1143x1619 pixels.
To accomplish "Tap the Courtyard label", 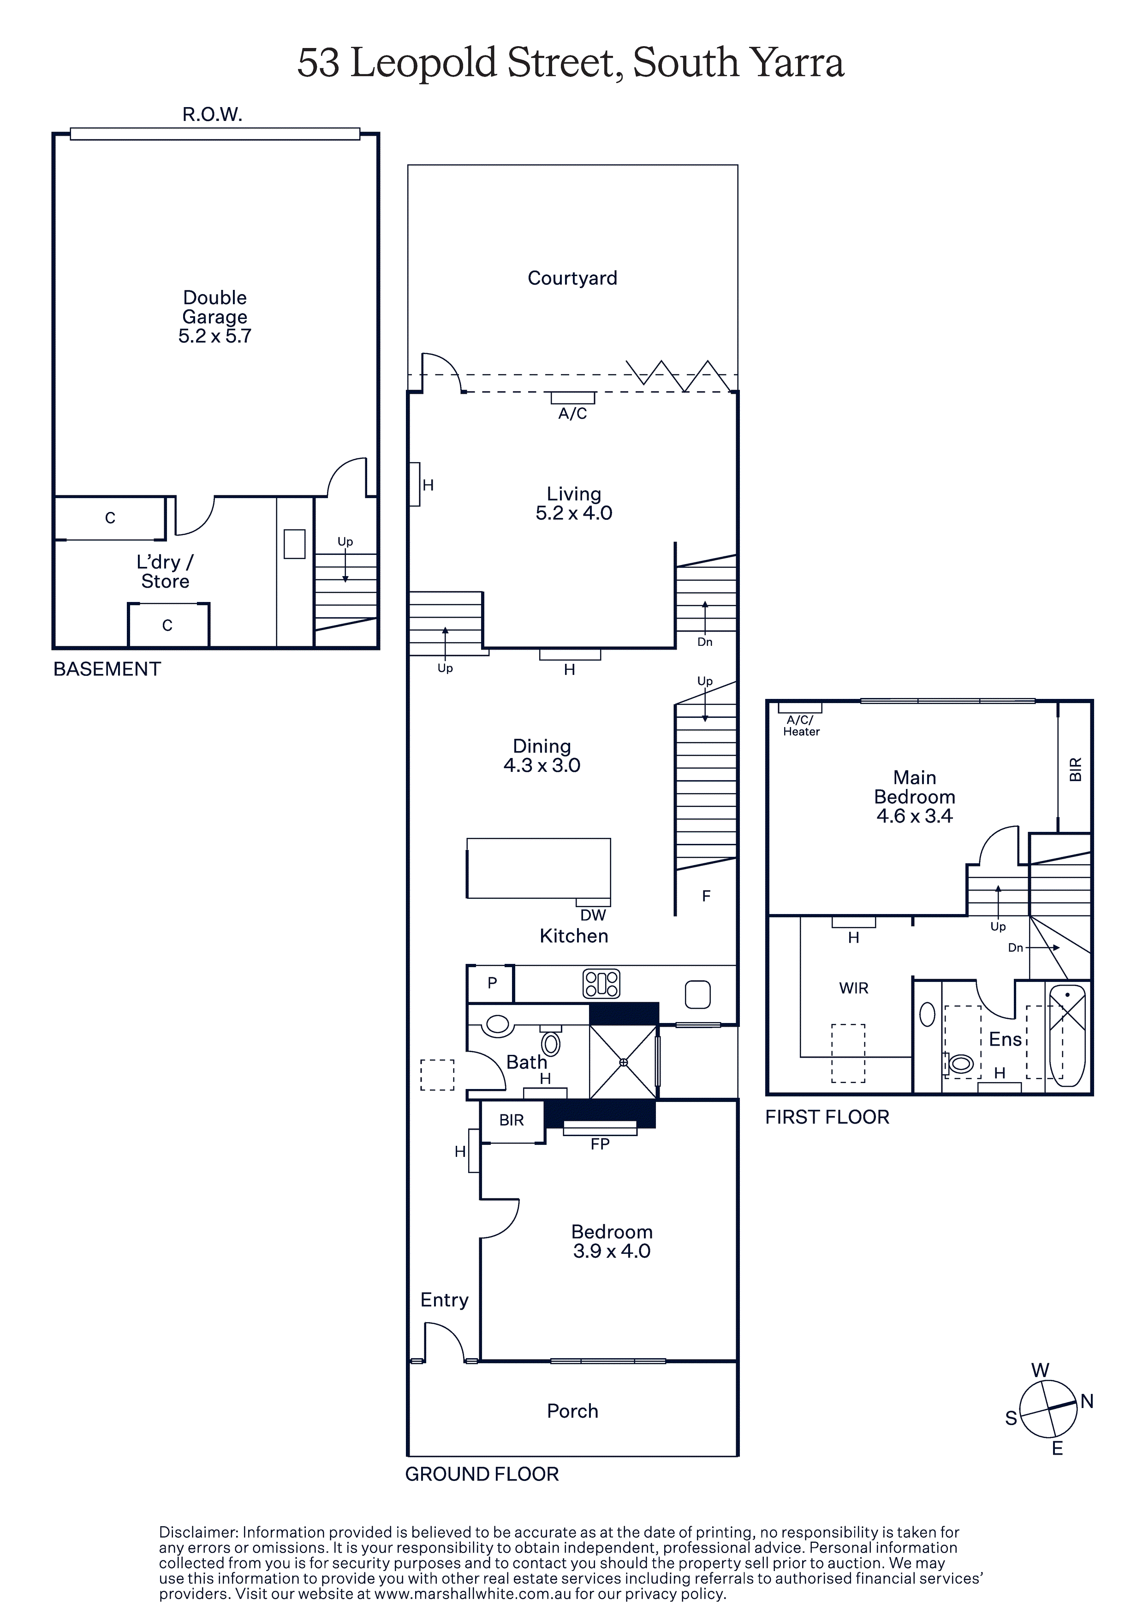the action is pos(572,278).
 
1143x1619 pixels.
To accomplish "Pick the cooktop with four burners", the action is pos(601,984).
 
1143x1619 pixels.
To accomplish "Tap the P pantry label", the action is pos(492,982).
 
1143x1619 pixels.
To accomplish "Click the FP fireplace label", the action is pos(600,1144).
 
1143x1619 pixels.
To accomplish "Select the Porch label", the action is pos(572,1410).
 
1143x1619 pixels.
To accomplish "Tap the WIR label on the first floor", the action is pos(853,988).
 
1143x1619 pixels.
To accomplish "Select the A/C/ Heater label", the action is pos(801,726).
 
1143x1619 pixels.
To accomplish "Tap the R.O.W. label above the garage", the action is pos(212,114).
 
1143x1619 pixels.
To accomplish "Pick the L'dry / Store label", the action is pos(165,571).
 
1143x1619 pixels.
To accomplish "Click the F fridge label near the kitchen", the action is pos(706,896).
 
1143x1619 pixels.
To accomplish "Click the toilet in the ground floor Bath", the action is pos(551,1043).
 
